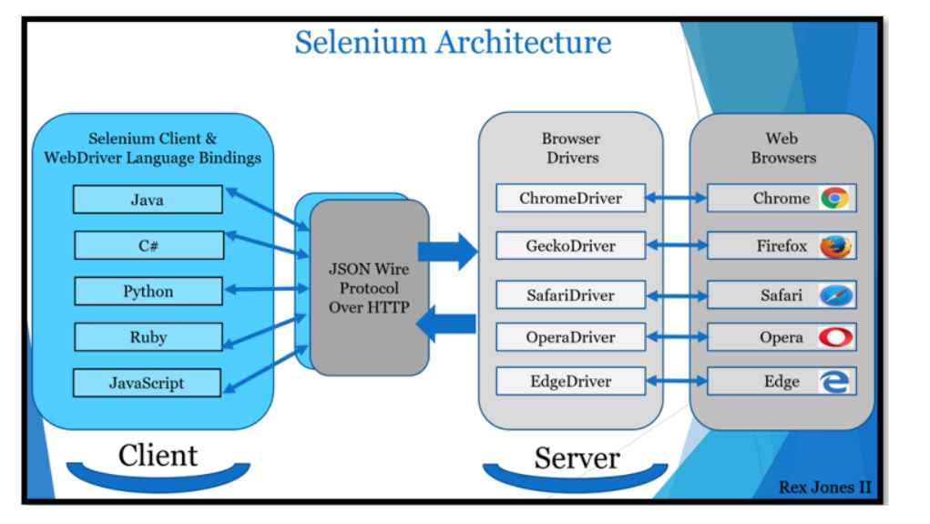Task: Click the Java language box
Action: (148, 199)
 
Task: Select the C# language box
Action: (148, 245)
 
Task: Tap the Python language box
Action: (148, 292)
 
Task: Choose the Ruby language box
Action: (148, 336)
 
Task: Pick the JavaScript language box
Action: (148, 383)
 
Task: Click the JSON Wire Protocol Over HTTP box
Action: (369, 287)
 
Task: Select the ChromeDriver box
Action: (570, 199)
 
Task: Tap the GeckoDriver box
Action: (570, 246)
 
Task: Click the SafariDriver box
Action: (570, 295)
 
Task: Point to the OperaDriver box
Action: (570, 338)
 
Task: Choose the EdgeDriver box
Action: (570, 382)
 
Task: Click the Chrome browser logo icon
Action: (833, 199)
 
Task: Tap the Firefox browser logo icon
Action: (833, 247)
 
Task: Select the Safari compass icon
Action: (833, 295)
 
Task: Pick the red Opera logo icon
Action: (833, 338)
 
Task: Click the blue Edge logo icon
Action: (833, 383)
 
